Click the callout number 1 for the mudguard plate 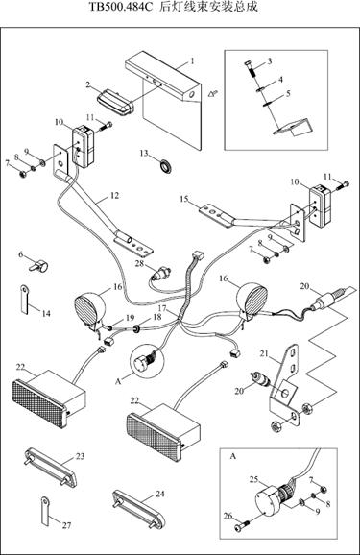point(193,61)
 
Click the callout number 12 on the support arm point(114,195)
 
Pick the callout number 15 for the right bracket point(184,199)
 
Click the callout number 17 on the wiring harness point(162,307)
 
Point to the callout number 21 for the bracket point(264,353)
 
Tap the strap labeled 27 point(44,512)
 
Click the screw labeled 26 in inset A point(242,525)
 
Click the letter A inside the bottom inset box point(233,457)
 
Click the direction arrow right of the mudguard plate point(213,93)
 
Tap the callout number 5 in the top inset point(288,94)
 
